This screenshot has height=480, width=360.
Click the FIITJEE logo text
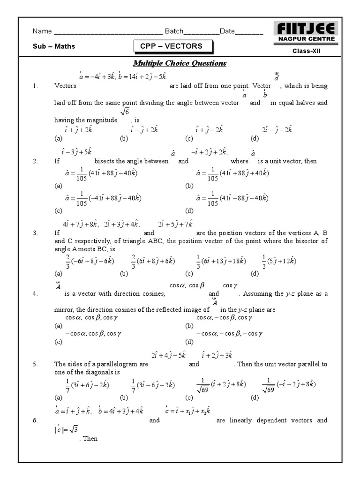(305, 28)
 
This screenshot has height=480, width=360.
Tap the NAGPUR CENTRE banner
(305, 40)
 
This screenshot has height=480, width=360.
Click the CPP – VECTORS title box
(173, 46)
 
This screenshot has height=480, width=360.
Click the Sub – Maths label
(54, 46)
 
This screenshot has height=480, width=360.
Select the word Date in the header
(227, 31)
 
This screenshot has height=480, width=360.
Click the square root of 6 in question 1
(125, 112)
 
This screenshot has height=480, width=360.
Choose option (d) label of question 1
(255, 139)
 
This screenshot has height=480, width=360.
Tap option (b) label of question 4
(189, 326)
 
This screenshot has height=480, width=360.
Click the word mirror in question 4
(63, 310)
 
